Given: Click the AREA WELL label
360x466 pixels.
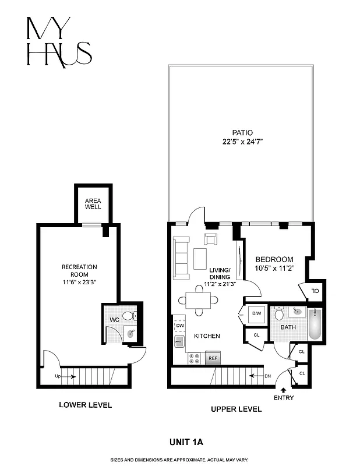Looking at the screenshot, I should pos(93,203).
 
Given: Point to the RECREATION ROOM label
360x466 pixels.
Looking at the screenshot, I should pos(79,270).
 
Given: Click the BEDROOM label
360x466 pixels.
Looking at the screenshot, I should pos(274,259).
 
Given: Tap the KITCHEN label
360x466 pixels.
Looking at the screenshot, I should pos(207,336).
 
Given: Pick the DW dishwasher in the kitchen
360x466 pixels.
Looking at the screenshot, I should pos(180,326).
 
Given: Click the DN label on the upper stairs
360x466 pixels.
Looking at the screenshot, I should pos(267,376).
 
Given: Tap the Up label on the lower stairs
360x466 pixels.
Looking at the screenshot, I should pos(57,376).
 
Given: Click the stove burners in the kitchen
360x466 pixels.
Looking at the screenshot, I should pos(194,358).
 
